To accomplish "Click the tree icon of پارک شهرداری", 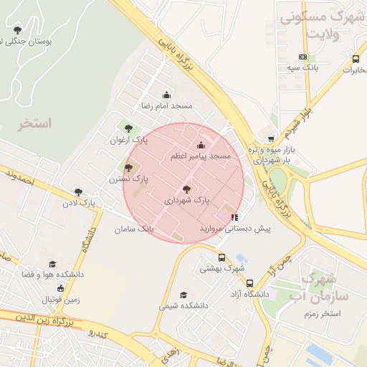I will [x=186, y=190].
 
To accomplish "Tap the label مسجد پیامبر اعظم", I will [x=201, y=156].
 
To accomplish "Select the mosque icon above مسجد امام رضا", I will [x=166, y=95].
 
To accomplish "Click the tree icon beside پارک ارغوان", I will [x=128, y=129].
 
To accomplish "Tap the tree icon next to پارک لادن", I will [x=78, y=192].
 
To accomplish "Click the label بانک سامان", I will [x=134, y=229].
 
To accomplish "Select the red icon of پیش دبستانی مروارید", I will [x=234, y=217].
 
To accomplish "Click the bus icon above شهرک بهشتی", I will [x=221, y=257].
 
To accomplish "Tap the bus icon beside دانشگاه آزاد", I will [x=250, y=283].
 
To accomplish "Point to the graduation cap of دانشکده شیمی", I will [x=183, y=295].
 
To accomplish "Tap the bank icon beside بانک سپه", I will [x=302, y=57].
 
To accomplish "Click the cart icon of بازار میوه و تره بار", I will [x=270, y=139].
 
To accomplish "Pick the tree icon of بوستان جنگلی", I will [x=17, y=30].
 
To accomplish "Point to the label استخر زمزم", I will [x=320, y=314].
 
